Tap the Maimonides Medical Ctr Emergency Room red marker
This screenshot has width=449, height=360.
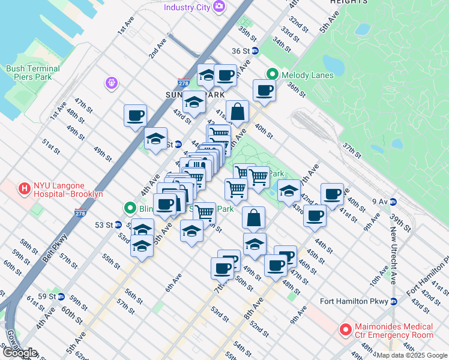pyautogui.click(x=345, y=329)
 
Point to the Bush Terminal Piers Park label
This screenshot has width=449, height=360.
pyautogui.click(x=33, y=73)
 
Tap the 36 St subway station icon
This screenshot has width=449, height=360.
pyautogui.click(x=255, y=51)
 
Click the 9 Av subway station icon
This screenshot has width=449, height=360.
pyautogui.click(x=393, y=201)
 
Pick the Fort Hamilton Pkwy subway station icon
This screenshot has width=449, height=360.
pyautogui.click(x=394, y=301)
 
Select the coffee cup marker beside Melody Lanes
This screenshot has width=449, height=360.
pyautogui.click(x=264, y=91)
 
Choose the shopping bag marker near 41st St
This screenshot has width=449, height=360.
pyautogui.click(x=238, y=112)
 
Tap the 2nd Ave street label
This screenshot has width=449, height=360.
pyautogui.click(x=158, y=49)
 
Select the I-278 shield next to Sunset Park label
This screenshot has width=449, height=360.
pyautogui.click(x=184, y=82)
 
